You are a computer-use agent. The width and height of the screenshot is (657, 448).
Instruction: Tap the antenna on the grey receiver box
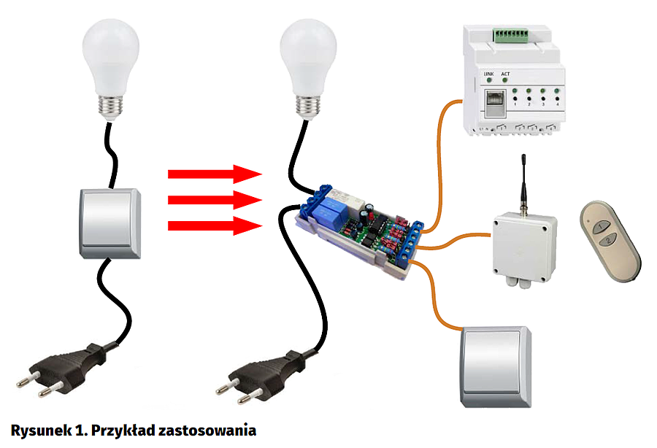[523, 182]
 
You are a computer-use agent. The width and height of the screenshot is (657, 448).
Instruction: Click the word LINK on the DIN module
[490, 74]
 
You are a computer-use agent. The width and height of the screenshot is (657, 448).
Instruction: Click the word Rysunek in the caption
[36, 430]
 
